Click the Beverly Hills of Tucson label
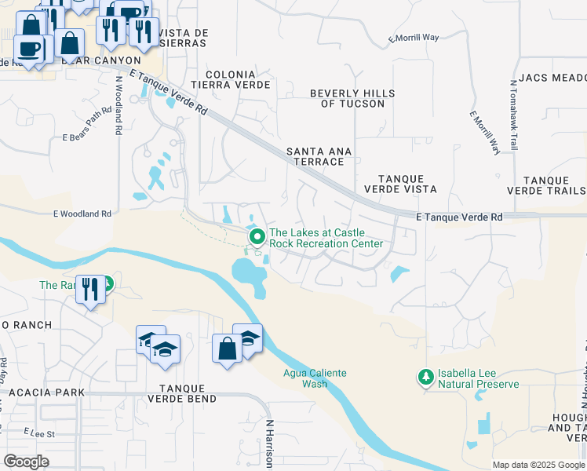[x=352, y=98]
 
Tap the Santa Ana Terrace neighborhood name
[x=319, y=156]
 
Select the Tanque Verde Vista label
[x=400, y=184]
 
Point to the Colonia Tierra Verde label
[x=238, y=78]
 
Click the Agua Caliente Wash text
[x=315, y=378]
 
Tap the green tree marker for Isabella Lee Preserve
[x=426, y=378]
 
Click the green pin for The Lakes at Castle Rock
[x=256, y=236]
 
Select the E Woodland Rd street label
[x=82, y=214]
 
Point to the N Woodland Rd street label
[x=118, y=106]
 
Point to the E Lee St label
[x=38, y=433]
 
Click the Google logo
[x=26, y=461]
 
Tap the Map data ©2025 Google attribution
[x=538, y=465]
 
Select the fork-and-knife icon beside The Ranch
[x=89, y=289]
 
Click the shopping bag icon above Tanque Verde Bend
[x=227, y=348]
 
